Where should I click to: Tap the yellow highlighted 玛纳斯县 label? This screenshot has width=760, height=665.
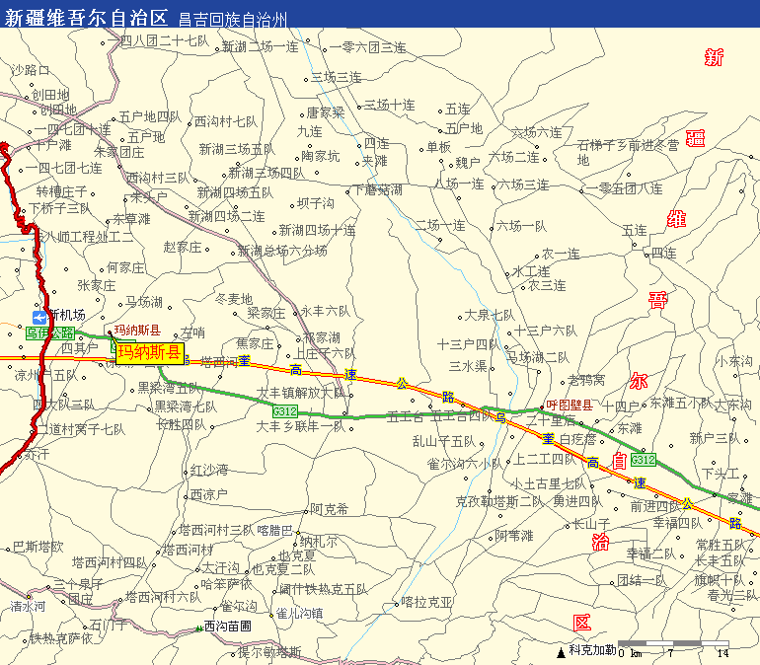pos(149,353)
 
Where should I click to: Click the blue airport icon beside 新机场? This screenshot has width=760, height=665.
pos(38,317)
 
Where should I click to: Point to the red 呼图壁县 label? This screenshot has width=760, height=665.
pos(570,405)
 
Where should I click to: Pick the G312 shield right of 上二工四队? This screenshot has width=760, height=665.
pos(643,460)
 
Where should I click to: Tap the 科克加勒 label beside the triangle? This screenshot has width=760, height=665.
pos(591,650)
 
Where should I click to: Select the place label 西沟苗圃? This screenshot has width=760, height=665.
pos(227,627)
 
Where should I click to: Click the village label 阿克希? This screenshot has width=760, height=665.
pos(329,509)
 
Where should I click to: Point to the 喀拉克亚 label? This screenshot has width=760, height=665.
pos(427,602)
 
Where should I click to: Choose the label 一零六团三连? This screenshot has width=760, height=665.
pos(367,46)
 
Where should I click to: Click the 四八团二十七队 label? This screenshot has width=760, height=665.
pos(164,40)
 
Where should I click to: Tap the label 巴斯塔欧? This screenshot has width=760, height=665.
pos(38,547)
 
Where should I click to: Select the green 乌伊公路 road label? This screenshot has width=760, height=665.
pos(49,333)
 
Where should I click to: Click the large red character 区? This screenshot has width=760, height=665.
pos(582,623)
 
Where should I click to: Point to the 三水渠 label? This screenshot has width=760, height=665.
pos(468,366)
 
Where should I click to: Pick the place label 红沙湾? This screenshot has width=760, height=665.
pos(209,470)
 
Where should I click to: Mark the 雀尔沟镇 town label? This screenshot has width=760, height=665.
pos(299,613)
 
